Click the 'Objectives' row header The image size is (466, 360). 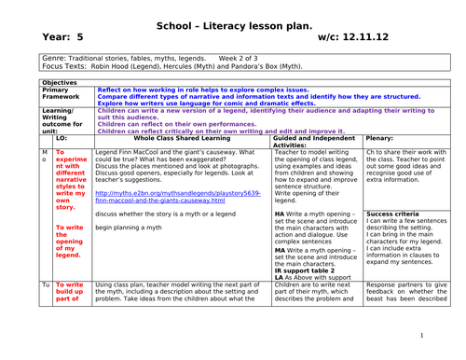60,82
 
